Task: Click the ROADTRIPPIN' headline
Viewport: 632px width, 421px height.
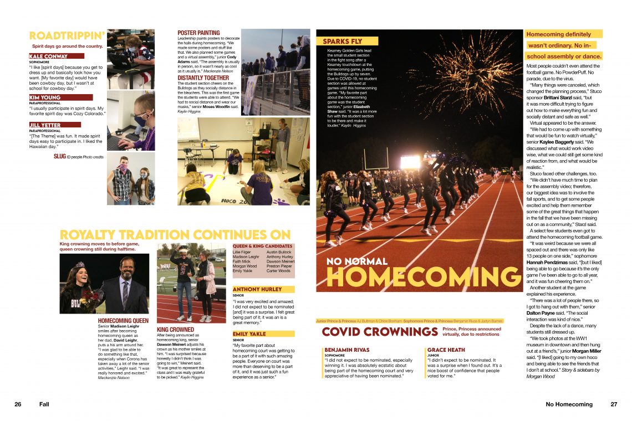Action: [x=67, y=36]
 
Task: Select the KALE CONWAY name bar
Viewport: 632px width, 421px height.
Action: [x=49, y=56]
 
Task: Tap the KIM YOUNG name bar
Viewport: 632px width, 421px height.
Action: [x=45, y=97]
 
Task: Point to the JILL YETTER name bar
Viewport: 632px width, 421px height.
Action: [x=45, y=125]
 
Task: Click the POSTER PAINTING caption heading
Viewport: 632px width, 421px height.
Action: [x=198, y=33]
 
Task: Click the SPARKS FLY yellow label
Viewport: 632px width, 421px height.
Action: [x=344, y=41]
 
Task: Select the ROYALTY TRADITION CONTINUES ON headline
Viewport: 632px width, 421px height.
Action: [x=175, y=234]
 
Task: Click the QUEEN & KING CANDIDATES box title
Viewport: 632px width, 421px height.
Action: [x=262, y=246]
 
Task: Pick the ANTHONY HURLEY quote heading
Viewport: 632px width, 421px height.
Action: [x=257, y=289]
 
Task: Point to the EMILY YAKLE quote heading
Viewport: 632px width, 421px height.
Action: [x=249, y=334]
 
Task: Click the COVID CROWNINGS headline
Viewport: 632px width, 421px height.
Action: [x=380, y=332]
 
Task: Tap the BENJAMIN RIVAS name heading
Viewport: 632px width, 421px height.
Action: [x=347, y=350]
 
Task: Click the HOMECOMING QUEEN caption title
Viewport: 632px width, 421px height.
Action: [x=123, y=321]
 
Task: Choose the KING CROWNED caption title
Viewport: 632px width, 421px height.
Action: [x=175, y=329]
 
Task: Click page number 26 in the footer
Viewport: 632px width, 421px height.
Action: [x=18, y=404]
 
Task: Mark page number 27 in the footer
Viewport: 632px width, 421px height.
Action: [x=614, y=404]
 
